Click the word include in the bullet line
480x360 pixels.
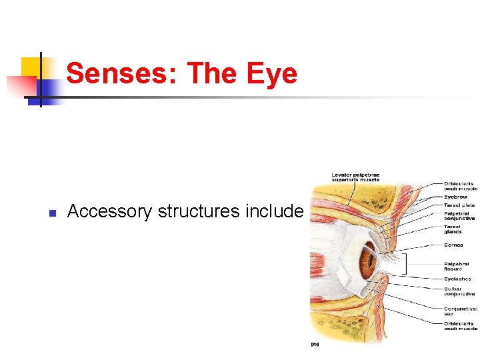pyautogui.click(x=275, y=212)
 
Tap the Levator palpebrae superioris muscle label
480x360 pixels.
pyautogui.click(x=355, y=177)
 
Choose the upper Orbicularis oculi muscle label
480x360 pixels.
pyautogui.click(x=461, y=186)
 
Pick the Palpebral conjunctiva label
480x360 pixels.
pyautogui.click(x=459, y=215)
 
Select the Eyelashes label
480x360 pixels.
pyautogui.click(x=457, y=279)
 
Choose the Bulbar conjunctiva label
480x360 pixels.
pyautogui.click(x=459, y=291)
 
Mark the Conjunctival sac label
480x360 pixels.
pyautogui.click(x=459, y=311)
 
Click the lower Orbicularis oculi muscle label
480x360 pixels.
pyautogui.click(x=461, y=326)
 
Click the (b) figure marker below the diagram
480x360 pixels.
pyautogui.click(x=315, y=344)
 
